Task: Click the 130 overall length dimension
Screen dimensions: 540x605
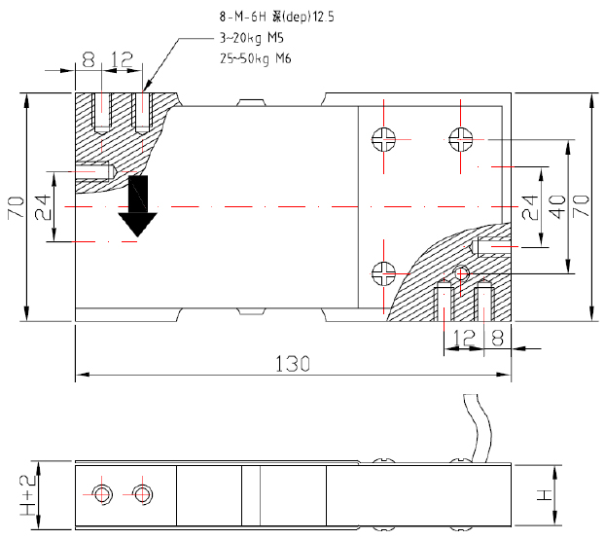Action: click(x=292, y=364)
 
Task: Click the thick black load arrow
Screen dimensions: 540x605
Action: click(x=139, y=207)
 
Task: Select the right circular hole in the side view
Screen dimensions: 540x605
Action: click(x=143, y=493)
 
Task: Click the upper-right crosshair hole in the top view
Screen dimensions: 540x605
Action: click(x=461, y=139)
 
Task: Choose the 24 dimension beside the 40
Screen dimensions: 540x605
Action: click(x=529, y=206)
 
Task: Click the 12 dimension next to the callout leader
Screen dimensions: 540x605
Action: click(x=121, y=59)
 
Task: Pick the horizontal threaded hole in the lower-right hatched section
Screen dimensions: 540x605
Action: click(x=493, y=244)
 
